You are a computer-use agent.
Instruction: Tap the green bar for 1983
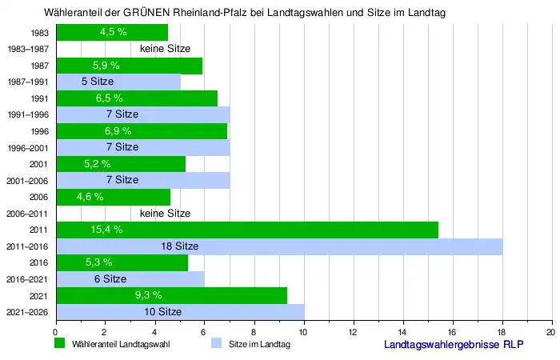[111, 33]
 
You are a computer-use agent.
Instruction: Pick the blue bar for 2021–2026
[179, 311]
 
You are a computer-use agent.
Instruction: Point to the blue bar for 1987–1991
[118, 82]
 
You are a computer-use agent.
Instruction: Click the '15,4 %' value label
[106, 230]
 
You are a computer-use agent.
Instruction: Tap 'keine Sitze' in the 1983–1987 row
[165, 49]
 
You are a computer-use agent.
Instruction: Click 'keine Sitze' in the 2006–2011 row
[165, 214]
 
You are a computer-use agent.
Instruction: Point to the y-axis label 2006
[38, 197]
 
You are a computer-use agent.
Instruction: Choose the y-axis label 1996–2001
[28, 147]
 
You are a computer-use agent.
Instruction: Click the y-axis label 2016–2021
[28, 279]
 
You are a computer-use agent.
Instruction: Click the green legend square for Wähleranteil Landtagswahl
[59, 344]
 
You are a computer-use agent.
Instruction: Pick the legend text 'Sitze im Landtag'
[259, 345]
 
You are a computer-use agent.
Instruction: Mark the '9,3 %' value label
[149, 295]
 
